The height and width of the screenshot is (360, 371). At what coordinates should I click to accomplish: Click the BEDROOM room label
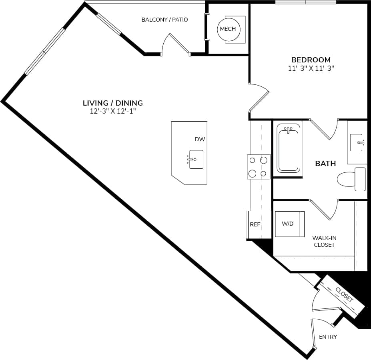tap(311, 60)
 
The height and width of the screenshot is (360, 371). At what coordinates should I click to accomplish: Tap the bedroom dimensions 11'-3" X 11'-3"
tap(311, 68)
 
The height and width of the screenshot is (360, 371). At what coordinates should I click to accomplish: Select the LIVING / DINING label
tap(112, 103)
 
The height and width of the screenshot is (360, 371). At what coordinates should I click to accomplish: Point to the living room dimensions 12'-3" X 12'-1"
tap(112, 112)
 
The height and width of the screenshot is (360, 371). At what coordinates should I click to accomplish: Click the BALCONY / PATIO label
tap(164, 20)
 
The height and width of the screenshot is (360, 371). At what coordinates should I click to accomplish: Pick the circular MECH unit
tap(228, 29)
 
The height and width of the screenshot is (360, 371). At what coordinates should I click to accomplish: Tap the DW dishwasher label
tap(200, 139)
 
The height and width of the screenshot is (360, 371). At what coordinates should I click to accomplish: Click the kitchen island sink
tap(196, 159)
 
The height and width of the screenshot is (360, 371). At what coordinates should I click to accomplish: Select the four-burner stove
tap(259, 167)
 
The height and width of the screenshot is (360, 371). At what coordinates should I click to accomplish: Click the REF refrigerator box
tap(255, 225)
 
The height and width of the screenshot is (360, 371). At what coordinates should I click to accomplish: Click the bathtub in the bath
tap(288, 148)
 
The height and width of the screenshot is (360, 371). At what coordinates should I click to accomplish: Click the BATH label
tap(325, 163)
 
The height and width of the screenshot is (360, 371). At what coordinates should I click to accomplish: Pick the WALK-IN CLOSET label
tap(324, 241)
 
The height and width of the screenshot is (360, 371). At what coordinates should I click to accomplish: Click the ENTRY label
tap(328, 337)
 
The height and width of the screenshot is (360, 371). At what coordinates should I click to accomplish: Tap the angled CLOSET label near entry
tap(344, 294)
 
